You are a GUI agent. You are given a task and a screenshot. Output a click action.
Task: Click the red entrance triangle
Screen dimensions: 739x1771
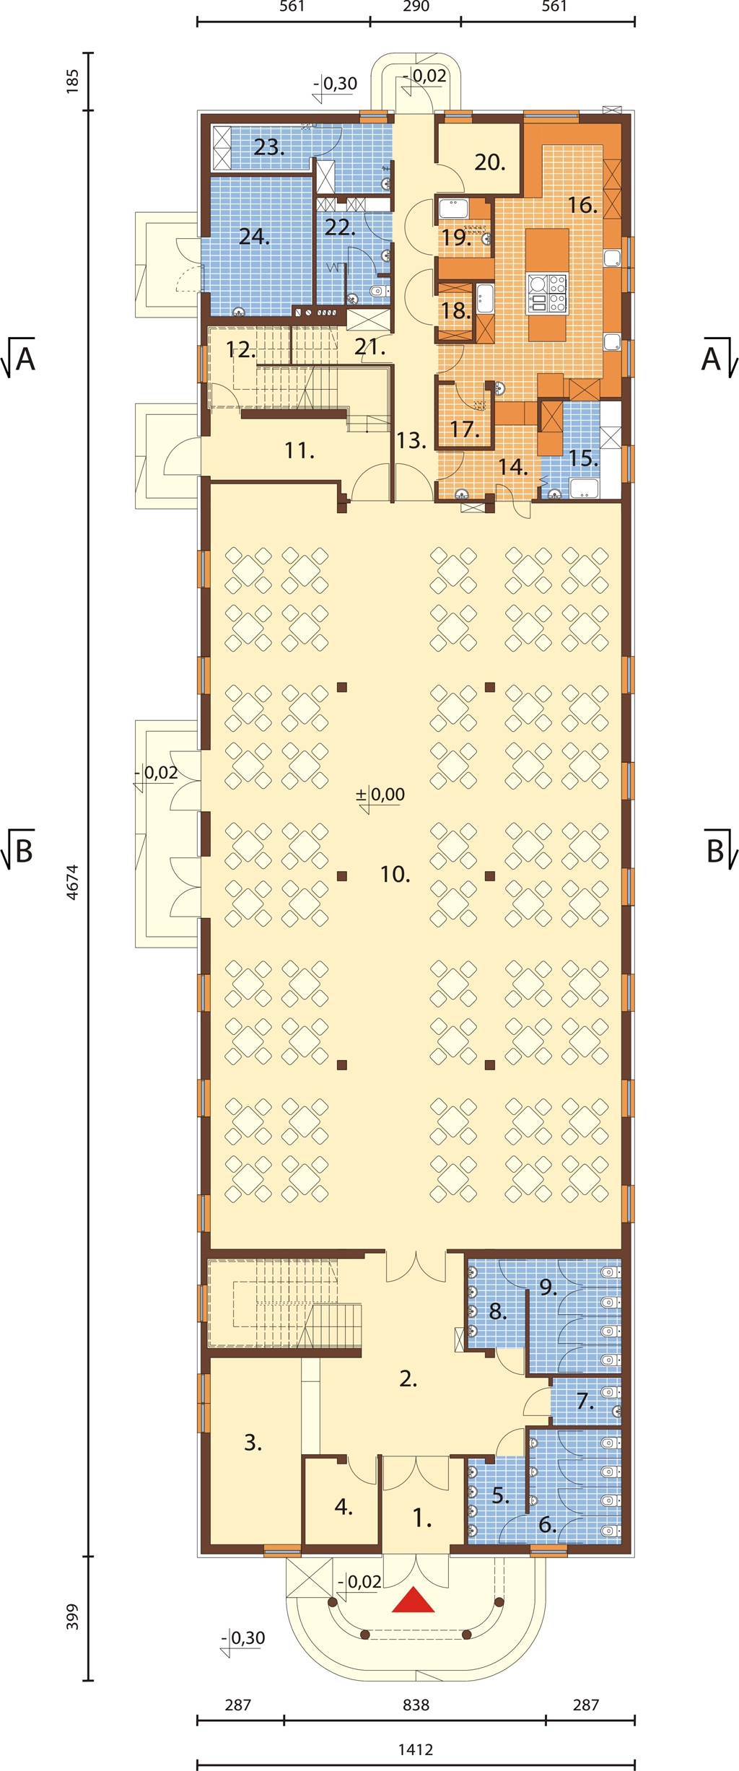(x=414, y=1599)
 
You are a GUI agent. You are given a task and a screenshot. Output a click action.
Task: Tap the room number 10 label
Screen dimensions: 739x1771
(x=395, y=875)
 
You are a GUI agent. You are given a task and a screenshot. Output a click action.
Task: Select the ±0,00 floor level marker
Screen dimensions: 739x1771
(x=380, y=795)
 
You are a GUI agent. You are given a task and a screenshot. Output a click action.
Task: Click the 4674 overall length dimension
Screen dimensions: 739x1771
(x=72, y=882)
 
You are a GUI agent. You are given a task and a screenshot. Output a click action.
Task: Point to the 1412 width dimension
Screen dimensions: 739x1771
(x=416, y=1749)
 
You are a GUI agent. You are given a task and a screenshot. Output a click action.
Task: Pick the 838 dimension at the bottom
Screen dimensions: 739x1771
(x=416, y=1705)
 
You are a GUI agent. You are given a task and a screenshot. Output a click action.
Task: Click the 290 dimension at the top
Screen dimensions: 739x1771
(x=416, y=6)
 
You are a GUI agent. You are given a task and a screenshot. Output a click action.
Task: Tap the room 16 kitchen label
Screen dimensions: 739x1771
(x=582, y=206)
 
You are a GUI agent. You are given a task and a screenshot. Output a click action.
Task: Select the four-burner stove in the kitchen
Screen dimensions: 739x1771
(x=548, y=293)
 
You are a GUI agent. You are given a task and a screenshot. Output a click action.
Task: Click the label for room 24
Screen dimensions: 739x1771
(x=254, y=237)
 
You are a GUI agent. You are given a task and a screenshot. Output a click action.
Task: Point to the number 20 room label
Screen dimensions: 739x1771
(x=490, y=162)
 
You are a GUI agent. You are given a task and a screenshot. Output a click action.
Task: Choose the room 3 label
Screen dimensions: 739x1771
(x=253, y=1443)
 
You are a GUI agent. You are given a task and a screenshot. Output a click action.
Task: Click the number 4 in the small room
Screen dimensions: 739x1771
(x=344, y=1507)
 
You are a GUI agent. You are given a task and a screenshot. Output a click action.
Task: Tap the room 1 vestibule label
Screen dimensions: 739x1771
(x=422, y=1519)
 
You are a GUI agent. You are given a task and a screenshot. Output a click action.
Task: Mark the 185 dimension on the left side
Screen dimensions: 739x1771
(x=72, y=81)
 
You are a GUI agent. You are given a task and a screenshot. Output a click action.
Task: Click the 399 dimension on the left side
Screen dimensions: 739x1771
(x=72, y=1617)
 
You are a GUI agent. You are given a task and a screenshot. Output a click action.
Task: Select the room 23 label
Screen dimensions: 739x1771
(x=269, y=147)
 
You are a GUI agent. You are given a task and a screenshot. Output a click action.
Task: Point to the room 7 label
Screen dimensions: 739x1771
(x=585, y=1402)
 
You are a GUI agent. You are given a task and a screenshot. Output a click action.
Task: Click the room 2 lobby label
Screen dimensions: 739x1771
(x=408, y=1379)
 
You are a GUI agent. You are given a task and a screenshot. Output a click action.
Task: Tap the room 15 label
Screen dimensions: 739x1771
(x=583, y=458)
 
